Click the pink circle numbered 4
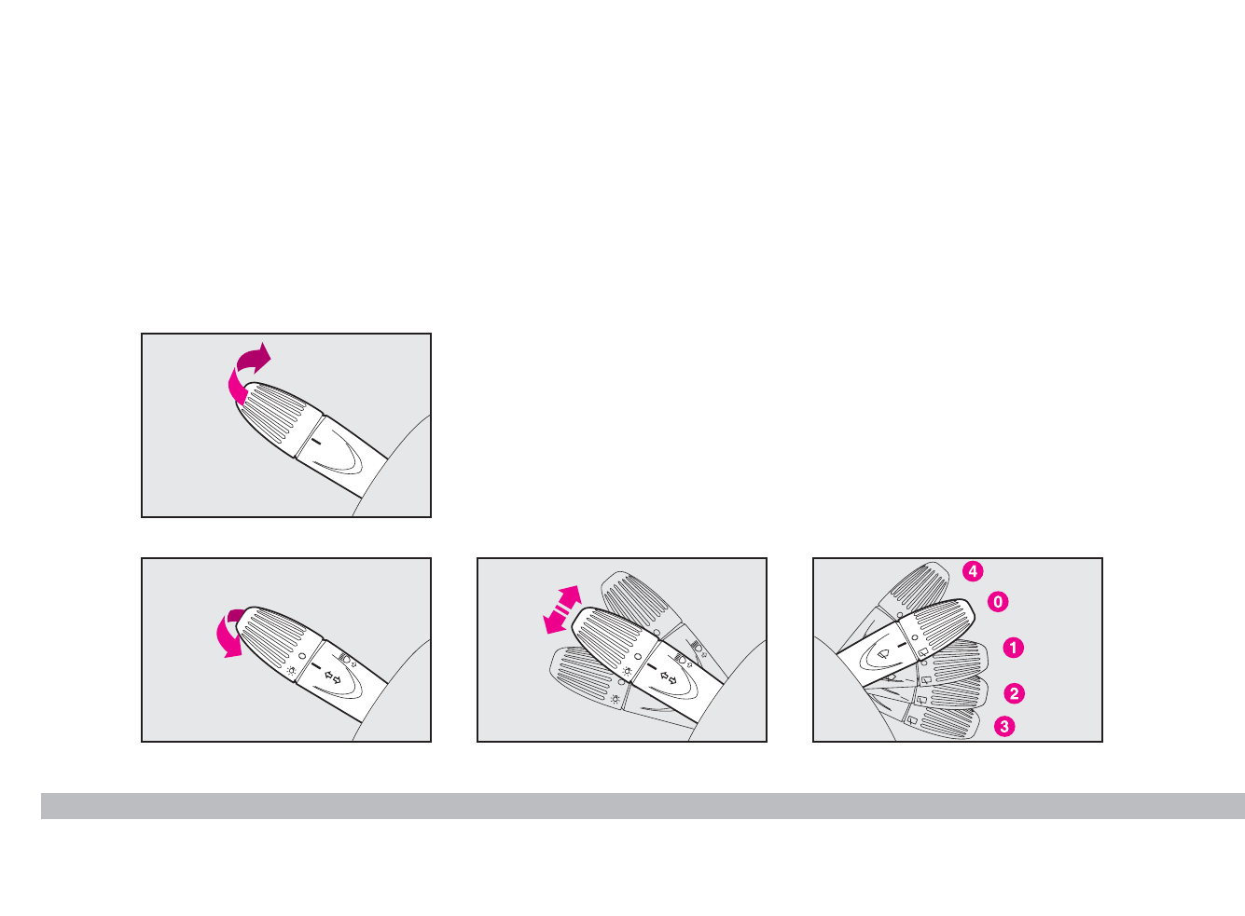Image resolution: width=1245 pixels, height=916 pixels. (973, 571)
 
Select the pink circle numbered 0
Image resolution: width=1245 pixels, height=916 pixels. (998, 602)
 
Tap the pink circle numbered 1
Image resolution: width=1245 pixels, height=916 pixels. (1013, 648)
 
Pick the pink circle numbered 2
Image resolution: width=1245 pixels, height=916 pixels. (1014, 693)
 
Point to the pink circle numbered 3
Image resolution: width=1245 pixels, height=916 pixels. (1004, 726)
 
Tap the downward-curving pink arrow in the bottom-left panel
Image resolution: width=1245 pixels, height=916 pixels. (229, 635)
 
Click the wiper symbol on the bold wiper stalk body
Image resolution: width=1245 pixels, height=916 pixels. (880, 654)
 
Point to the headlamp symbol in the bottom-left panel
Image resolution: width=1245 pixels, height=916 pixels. (347, 660)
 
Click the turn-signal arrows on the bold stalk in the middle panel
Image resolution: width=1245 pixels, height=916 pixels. (668, 677)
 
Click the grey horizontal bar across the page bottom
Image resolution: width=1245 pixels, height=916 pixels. (643, 806)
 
